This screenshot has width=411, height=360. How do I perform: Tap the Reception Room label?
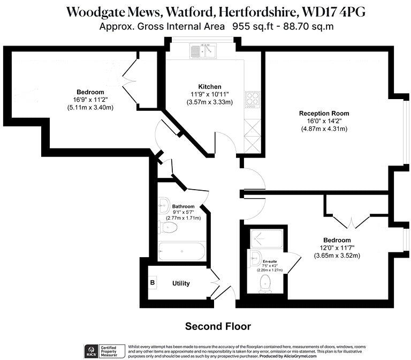click(x=324, y=113)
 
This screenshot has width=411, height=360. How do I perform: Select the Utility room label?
click(x=181, y=283)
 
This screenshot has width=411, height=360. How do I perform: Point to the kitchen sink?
click(x=202, y=51)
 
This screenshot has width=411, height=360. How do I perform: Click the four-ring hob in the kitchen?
click(x=252, y=99)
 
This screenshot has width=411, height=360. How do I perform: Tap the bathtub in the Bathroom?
click(x=181, y=251)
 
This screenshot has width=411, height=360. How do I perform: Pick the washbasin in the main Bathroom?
click(x=163, y=204)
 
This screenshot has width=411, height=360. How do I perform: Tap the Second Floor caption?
click(x=218, y=326)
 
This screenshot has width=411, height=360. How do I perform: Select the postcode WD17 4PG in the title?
click(x=326, y=11)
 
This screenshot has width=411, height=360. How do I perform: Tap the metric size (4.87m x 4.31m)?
click(x=324, y=129)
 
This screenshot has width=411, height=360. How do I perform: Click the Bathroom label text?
click(x=183, y=206)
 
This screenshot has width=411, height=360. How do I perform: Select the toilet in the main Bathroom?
click(x=169, y=228)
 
